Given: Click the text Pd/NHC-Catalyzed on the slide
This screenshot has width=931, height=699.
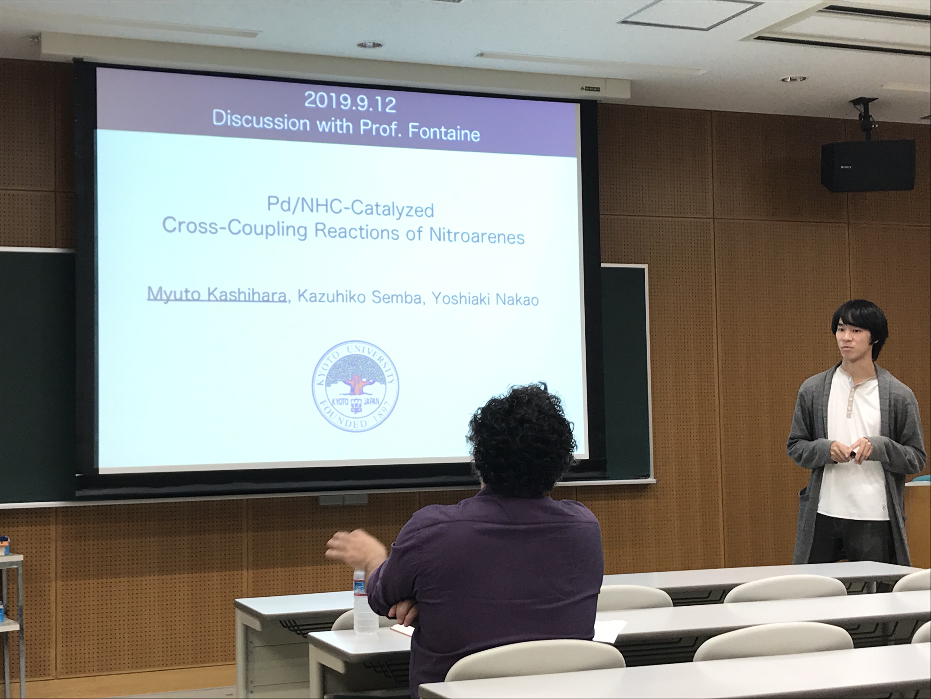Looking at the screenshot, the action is [350, 208].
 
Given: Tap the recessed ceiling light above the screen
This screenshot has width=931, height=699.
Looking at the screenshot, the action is [369, 44].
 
